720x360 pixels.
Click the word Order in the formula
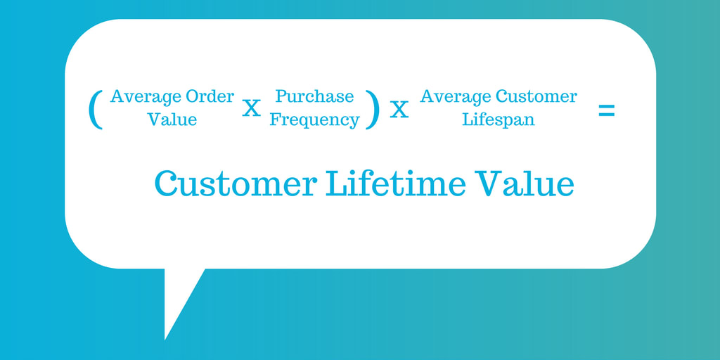tap(210, 97)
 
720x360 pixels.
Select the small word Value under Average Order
tap(172, 120)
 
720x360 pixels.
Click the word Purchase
tap(314, 96)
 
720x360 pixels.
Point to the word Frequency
tap(314, 120)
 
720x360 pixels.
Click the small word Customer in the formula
tap(536, 97)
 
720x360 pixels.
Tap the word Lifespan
tap(499, 120)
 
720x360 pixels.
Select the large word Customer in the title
tap(236, 184)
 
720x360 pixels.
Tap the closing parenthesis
tap(373, 109)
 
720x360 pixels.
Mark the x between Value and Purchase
tap(251, 109)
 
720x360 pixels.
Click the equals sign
tap(606, 110)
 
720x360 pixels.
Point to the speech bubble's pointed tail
tap(165, 339)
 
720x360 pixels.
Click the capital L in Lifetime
tap(337, 184)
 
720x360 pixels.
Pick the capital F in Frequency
tap(276, 120)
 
